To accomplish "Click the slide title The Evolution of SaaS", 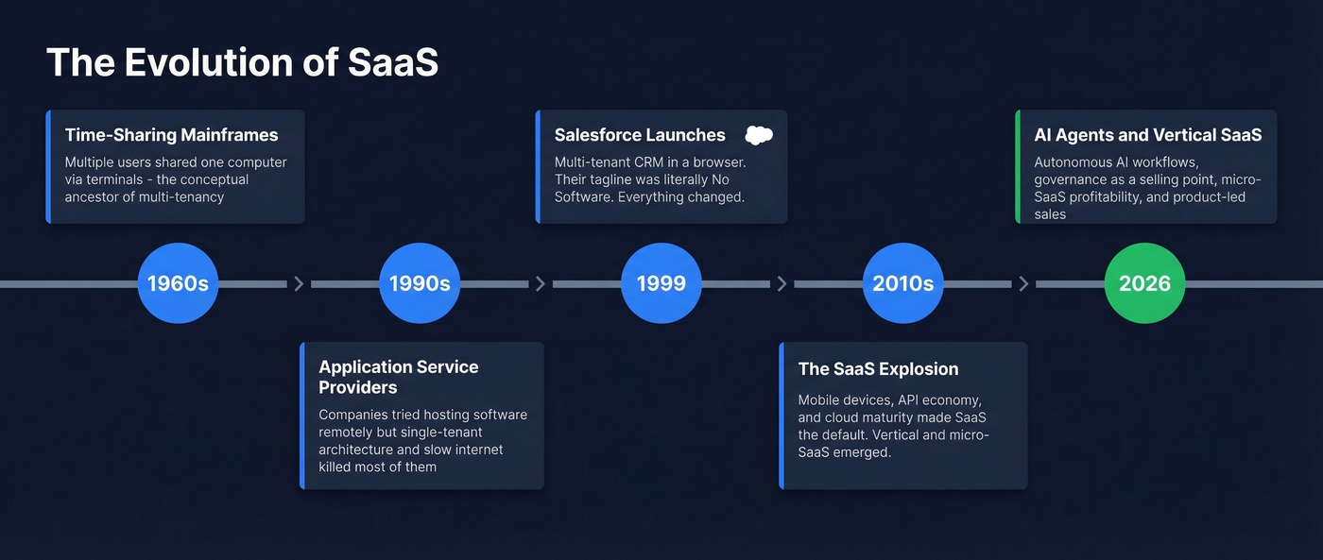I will click(242, 62).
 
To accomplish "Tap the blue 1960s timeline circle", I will click(178, 283).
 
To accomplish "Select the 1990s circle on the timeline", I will click(420, 283).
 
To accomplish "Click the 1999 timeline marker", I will click(661, 283).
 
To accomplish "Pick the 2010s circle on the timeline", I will click(903, 283).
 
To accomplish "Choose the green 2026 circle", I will click(1144, 283).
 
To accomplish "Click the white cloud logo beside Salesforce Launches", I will click(759, 135).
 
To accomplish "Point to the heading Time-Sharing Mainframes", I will click(171, 135).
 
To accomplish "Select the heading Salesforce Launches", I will click(640, 135).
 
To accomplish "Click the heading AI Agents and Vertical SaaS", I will click(1147, 135).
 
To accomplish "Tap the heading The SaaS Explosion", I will click(878, 369).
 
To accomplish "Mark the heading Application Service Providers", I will click(398, 377).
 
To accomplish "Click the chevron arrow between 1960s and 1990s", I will click(300, 283).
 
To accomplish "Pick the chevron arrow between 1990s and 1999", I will click(541, 283).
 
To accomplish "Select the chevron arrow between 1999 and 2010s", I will click(782, 283).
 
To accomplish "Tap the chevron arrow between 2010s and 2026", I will click(1023, 283).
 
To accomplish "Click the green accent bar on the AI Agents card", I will click(1018, 166).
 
